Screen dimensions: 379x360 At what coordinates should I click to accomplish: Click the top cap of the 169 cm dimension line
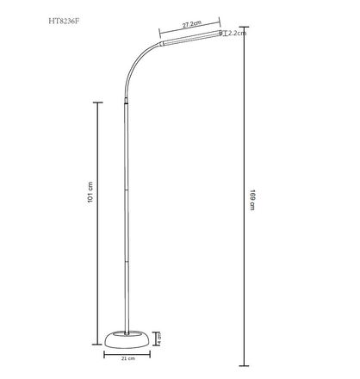pos(244,28)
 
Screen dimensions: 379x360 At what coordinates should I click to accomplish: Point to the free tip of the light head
pos(221,32)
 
